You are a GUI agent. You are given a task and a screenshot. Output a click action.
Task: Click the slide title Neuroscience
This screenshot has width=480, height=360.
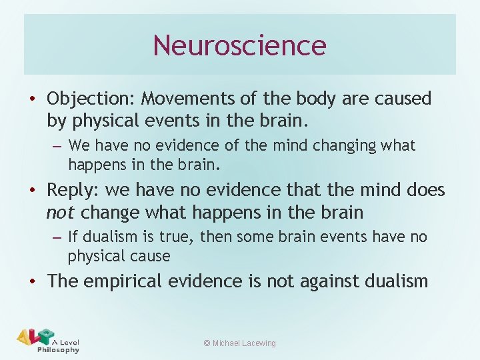tap(239, 45)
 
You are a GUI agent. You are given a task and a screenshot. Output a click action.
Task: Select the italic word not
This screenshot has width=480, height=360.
tap(59, 213)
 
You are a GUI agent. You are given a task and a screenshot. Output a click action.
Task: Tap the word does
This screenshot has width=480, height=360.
tap(425, 190)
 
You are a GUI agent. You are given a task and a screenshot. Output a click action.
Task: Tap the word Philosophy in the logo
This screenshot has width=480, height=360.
tap(58, 349)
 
